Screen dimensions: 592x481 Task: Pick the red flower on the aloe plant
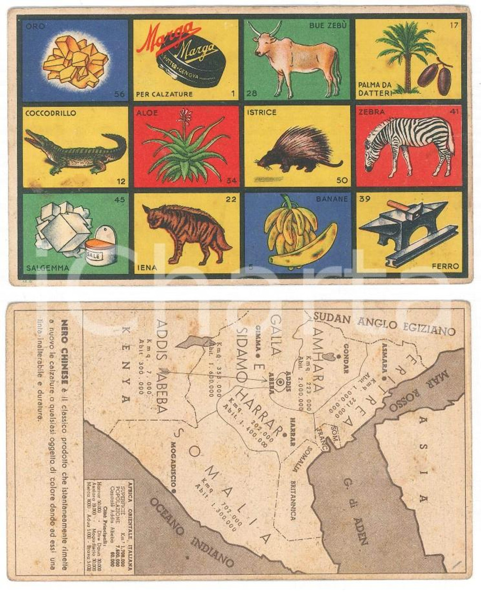tap(185, 118)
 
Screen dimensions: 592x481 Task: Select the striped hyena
tap(185, 231)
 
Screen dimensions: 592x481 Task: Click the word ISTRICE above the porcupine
tap(262, 113)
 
